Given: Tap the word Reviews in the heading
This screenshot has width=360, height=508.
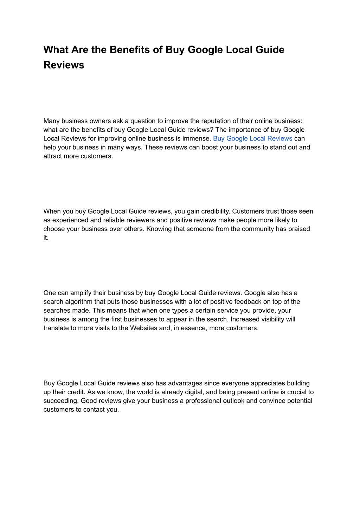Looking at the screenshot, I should pyautogui.click(x=64, y=65).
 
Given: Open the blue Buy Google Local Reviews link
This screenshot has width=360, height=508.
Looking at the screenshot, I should pyautogui.click(x=252, y=138).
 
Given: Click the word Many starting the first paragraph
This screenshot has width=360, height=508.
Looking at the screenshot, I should pyautogui.click(x=51, y=121).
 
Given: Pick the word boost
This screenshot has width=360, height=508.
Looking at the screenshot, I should pyautogui.click(x=210, y=147).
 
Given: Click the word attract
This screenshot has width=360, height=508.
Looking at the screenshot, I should pyautogui.click(x=52, y=156).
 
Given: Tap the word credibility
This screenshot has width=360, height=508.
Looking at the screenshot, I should pyautogui.click(x=214, y=211).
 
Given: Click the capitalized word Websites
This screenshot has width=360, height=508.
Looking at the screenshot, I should pyautogui.click(x=143, y=328).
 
